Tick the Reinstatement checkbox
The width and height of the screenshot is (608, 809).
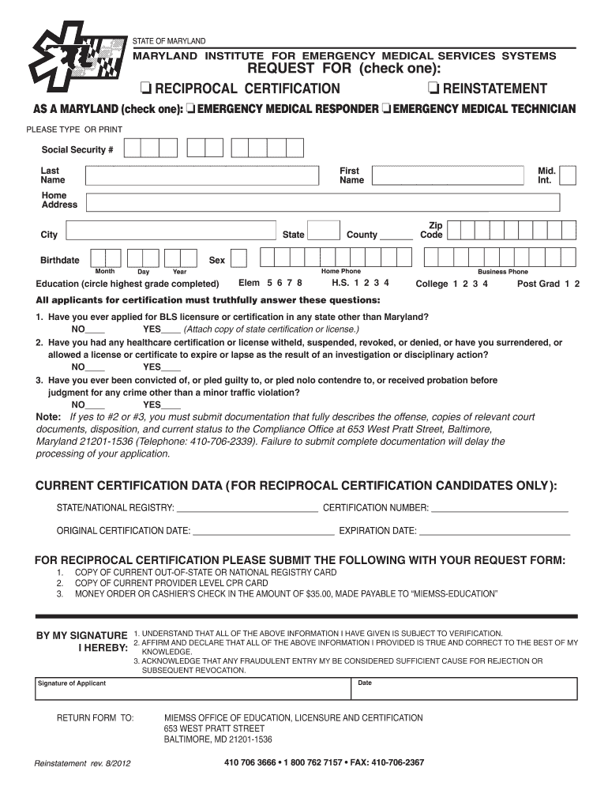point(433,88)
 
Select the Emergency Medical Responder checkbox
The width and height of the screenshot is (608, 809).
point(190,108)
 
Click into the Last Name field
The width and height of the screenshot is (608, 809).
point(206,175)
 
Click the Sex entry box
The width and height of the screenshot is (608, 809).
point(238,259)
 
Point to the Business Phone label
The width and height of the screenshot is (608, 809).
point(502,272)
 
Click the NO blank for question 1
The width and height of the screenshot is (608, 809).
point(96,330)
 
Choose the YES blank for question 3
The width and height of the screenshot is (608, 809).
point(171,404)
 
